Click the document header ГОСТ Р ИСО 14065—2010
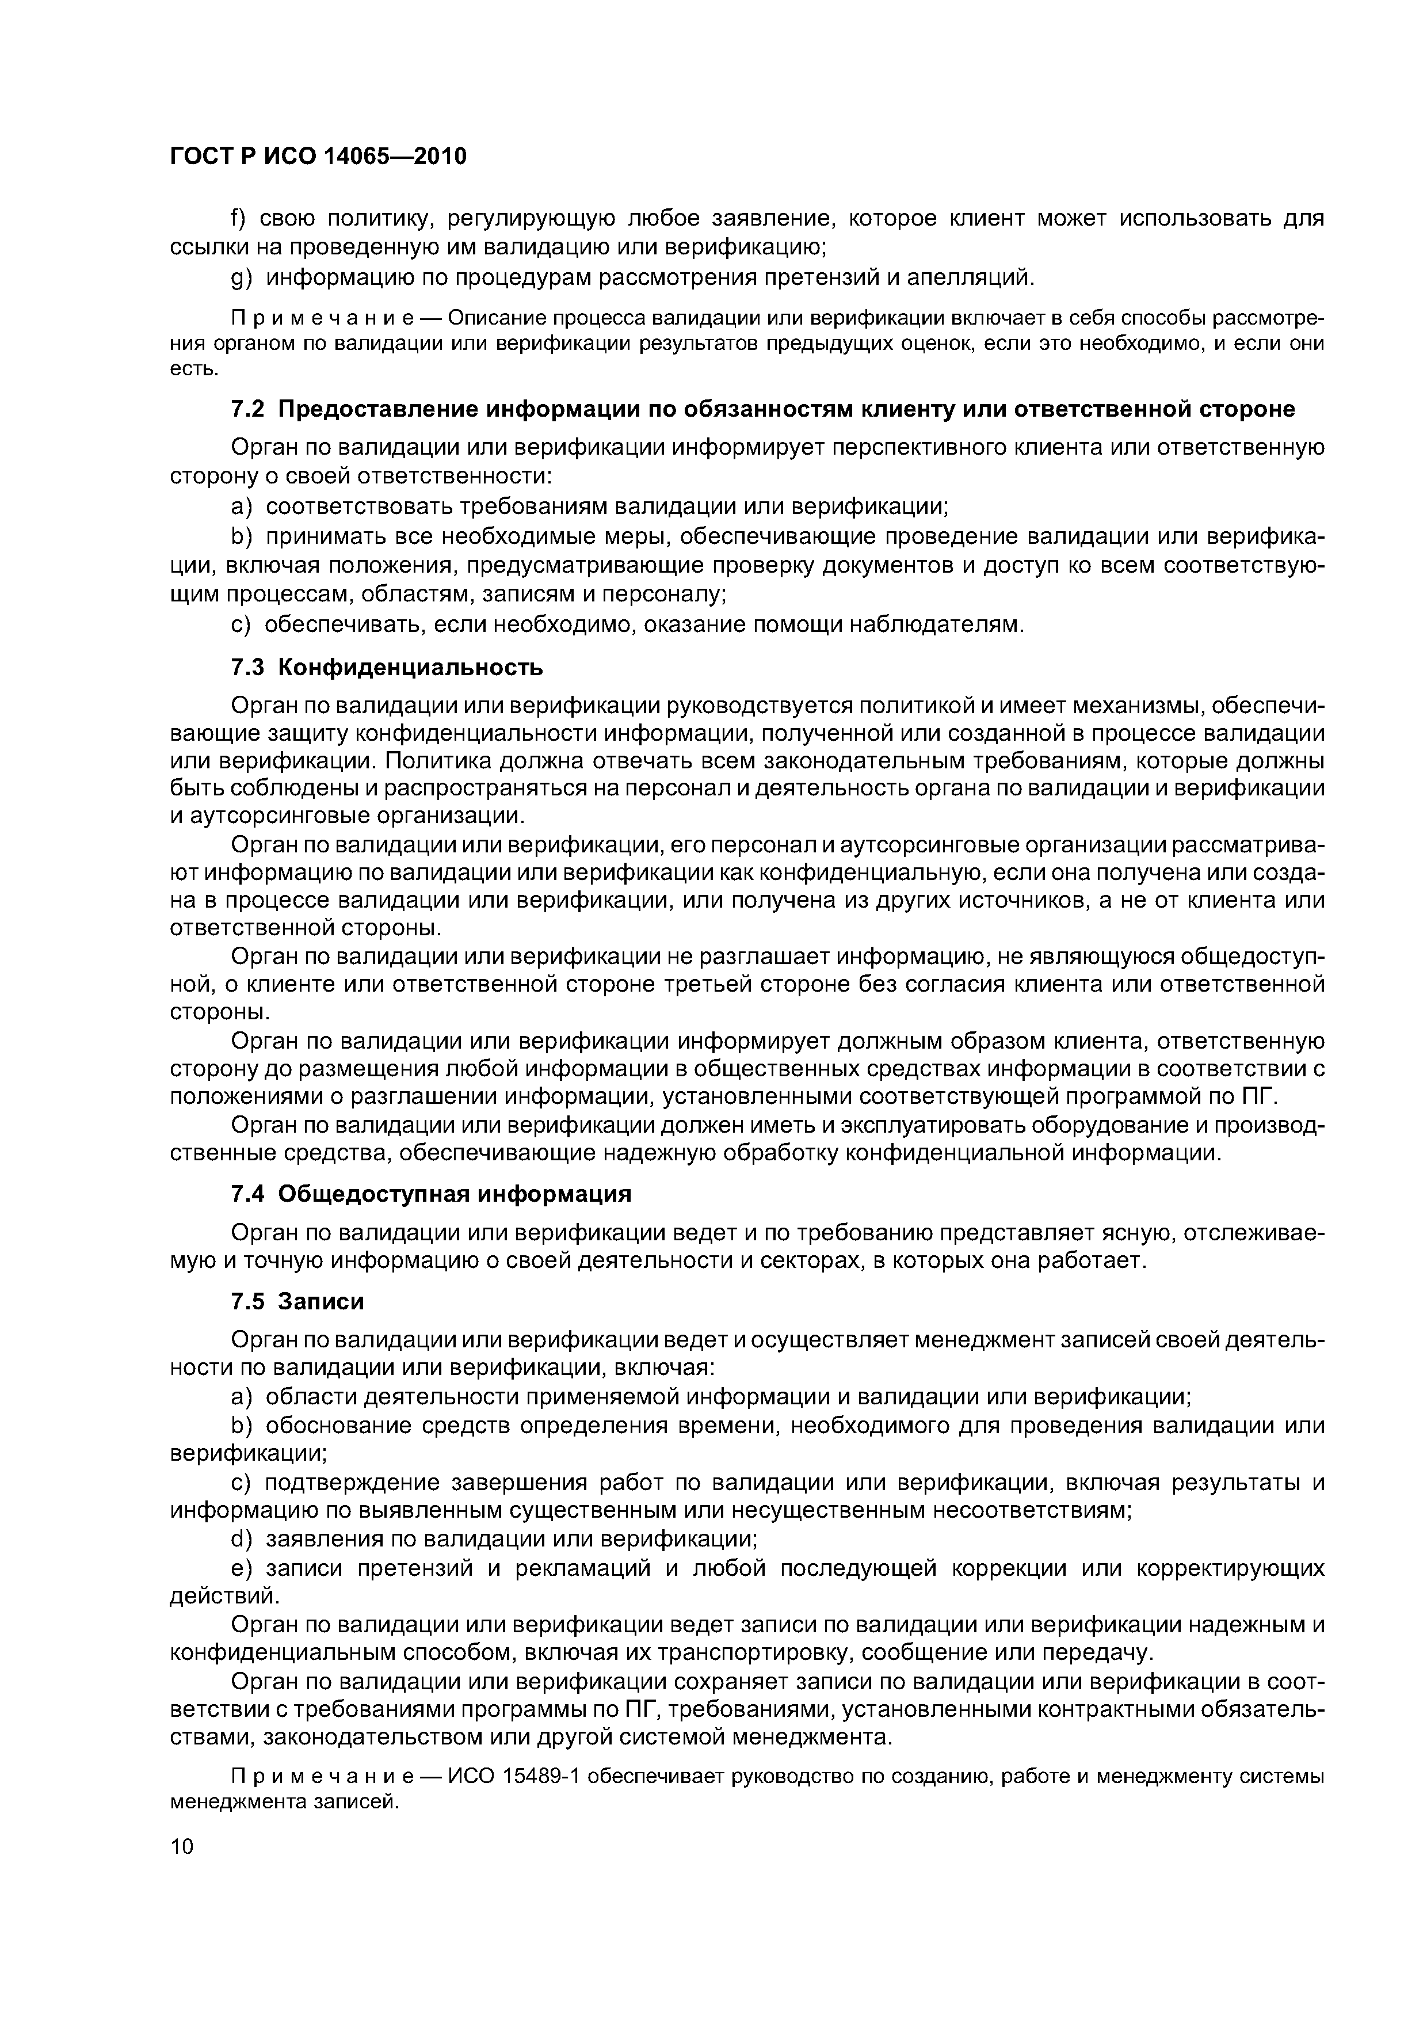tap(318, 157)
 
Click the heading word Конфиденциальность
tap(411, 668)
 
